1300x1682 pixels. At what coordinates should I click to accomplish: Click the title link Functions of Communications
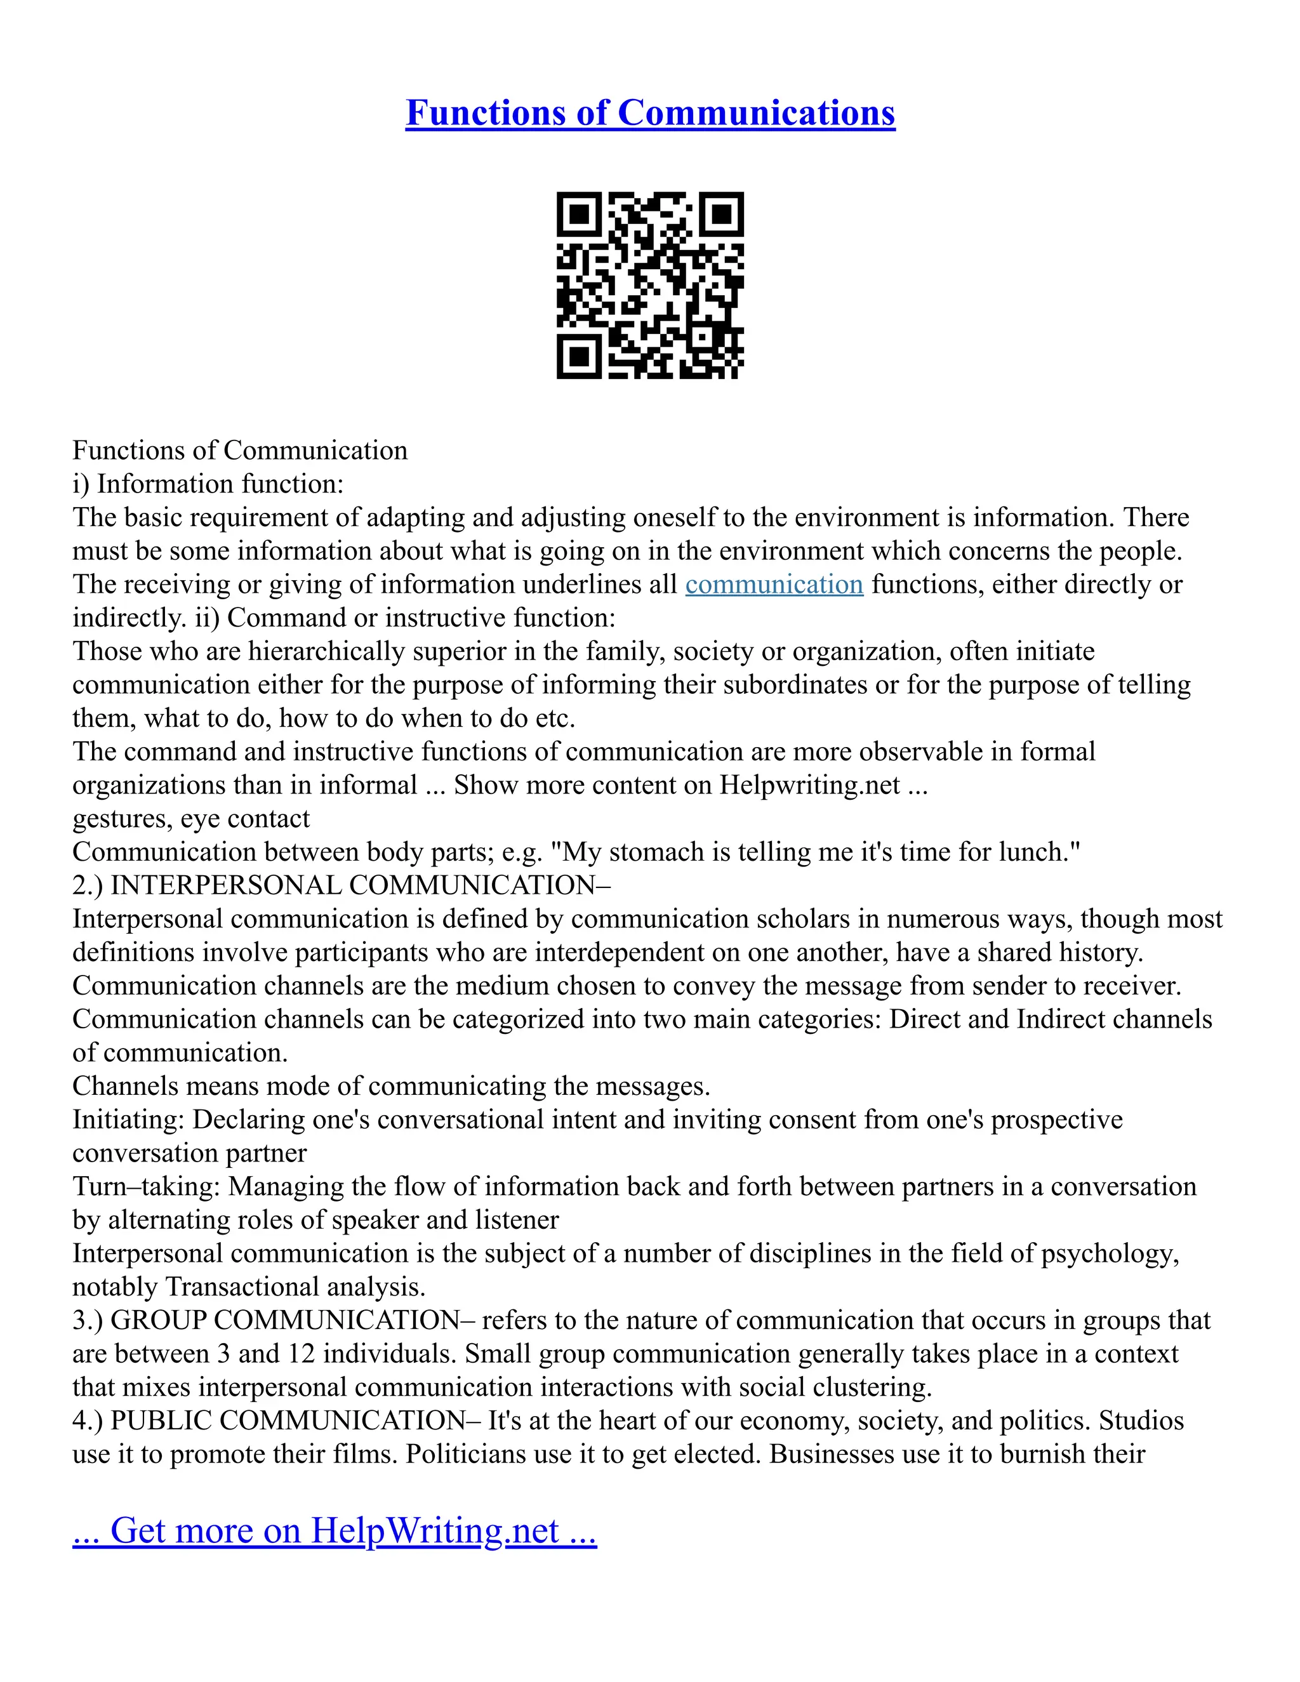(650, 112)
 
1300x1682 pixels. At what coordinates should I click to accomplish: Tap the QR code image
(650, 285)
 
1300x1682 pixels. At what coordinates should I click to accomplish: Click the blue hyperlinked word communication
(774, 585)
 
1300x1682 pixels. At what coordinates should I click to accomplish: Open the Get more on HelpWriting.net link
(335, 1530)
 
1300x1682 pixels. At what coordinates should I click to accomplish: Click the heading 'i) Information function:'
(208, 484)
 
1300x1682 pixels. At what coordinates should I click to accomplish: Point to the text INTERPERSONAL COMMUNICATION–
(361, 885)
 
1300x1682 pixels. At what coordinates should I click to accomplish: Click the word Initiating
(126, 1120)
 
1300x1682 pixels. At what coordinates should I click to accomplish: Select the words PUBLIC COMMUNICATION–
(296, 1421)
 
